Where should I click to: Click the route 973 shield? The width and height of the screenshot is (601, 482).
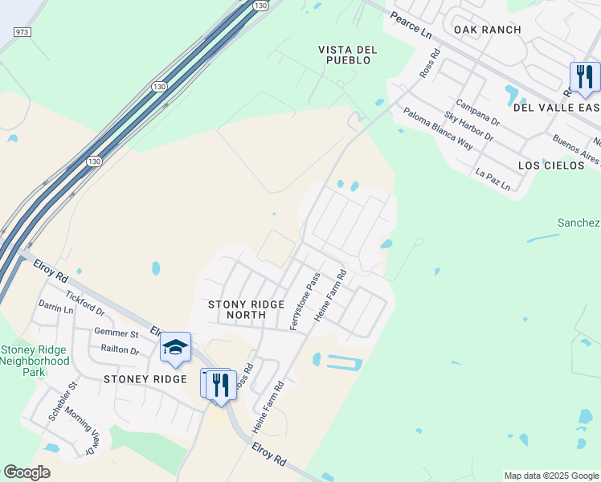coord(22,31)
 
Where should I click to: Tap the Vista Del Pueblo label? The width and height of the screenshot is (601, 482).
coord(348,55)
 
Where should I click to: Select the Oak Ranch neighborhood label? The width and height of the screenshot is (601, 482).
coord(487,30)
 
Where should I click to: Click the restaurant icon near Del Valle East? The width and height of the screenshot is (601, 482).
coord(584,78)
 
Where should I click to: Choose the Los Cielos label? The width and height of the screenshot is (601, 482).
coord(551,165)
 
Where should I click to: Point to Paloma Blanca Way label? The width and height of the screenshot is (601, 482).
coord(438,129)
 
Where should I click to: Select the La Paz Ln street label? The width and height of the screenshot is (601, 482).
coord(493,179)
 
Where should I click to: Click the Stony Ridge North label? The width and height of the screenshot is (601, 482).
coord(246,309)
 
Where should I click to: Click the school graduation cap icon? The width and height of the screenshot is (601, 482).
coord(175,348)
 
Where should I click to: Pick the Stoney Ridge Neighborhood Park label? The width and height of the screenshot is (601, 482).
coord(35,361)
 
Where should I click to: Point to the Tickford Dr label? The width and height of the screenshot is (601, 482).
coord(85,304)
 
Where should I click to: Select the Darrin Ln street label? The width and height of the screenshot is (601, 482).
coord(55,307)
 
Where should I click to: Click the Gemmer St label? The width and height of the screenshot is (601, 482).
coord(117,333)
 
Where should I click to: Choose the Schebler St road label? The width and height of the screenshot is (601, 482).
coord(62,401)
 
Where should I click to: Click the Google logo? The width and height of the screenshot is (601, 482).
coord(27,472)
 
